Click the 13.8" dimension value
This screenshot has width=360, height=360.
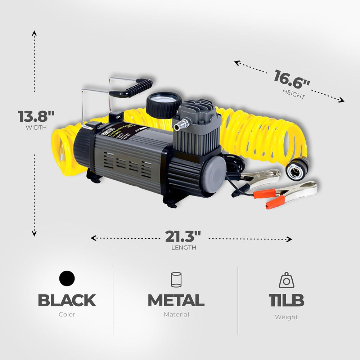[36, 116]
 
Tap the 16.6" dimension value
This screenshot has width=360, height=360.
[292, 78]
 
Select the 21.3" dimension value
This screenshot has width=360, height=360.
[183, 237]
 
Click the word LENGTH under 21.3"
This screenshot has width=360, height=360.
[184, 248]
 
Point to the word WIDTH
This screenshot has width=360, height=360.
[36, 127]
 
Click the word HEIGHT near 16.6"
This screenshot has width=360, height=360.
[293, 94]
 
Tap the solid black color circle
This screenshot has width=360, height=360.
[67, 279]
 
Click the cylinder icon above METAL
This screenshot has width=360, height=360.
[176, 280]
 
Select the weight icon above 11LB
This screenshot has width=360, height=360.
[287, 280]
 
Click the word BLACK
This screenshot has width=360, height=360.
[67, 300]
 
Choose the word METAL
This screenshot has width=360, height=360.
[176, 300]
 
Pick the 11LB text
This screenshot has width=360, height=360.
[286, 300]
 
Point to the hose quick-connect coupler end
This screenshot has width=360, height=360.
[297, 168]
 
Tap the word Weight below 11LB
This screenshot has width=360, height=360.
[286, 317]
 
